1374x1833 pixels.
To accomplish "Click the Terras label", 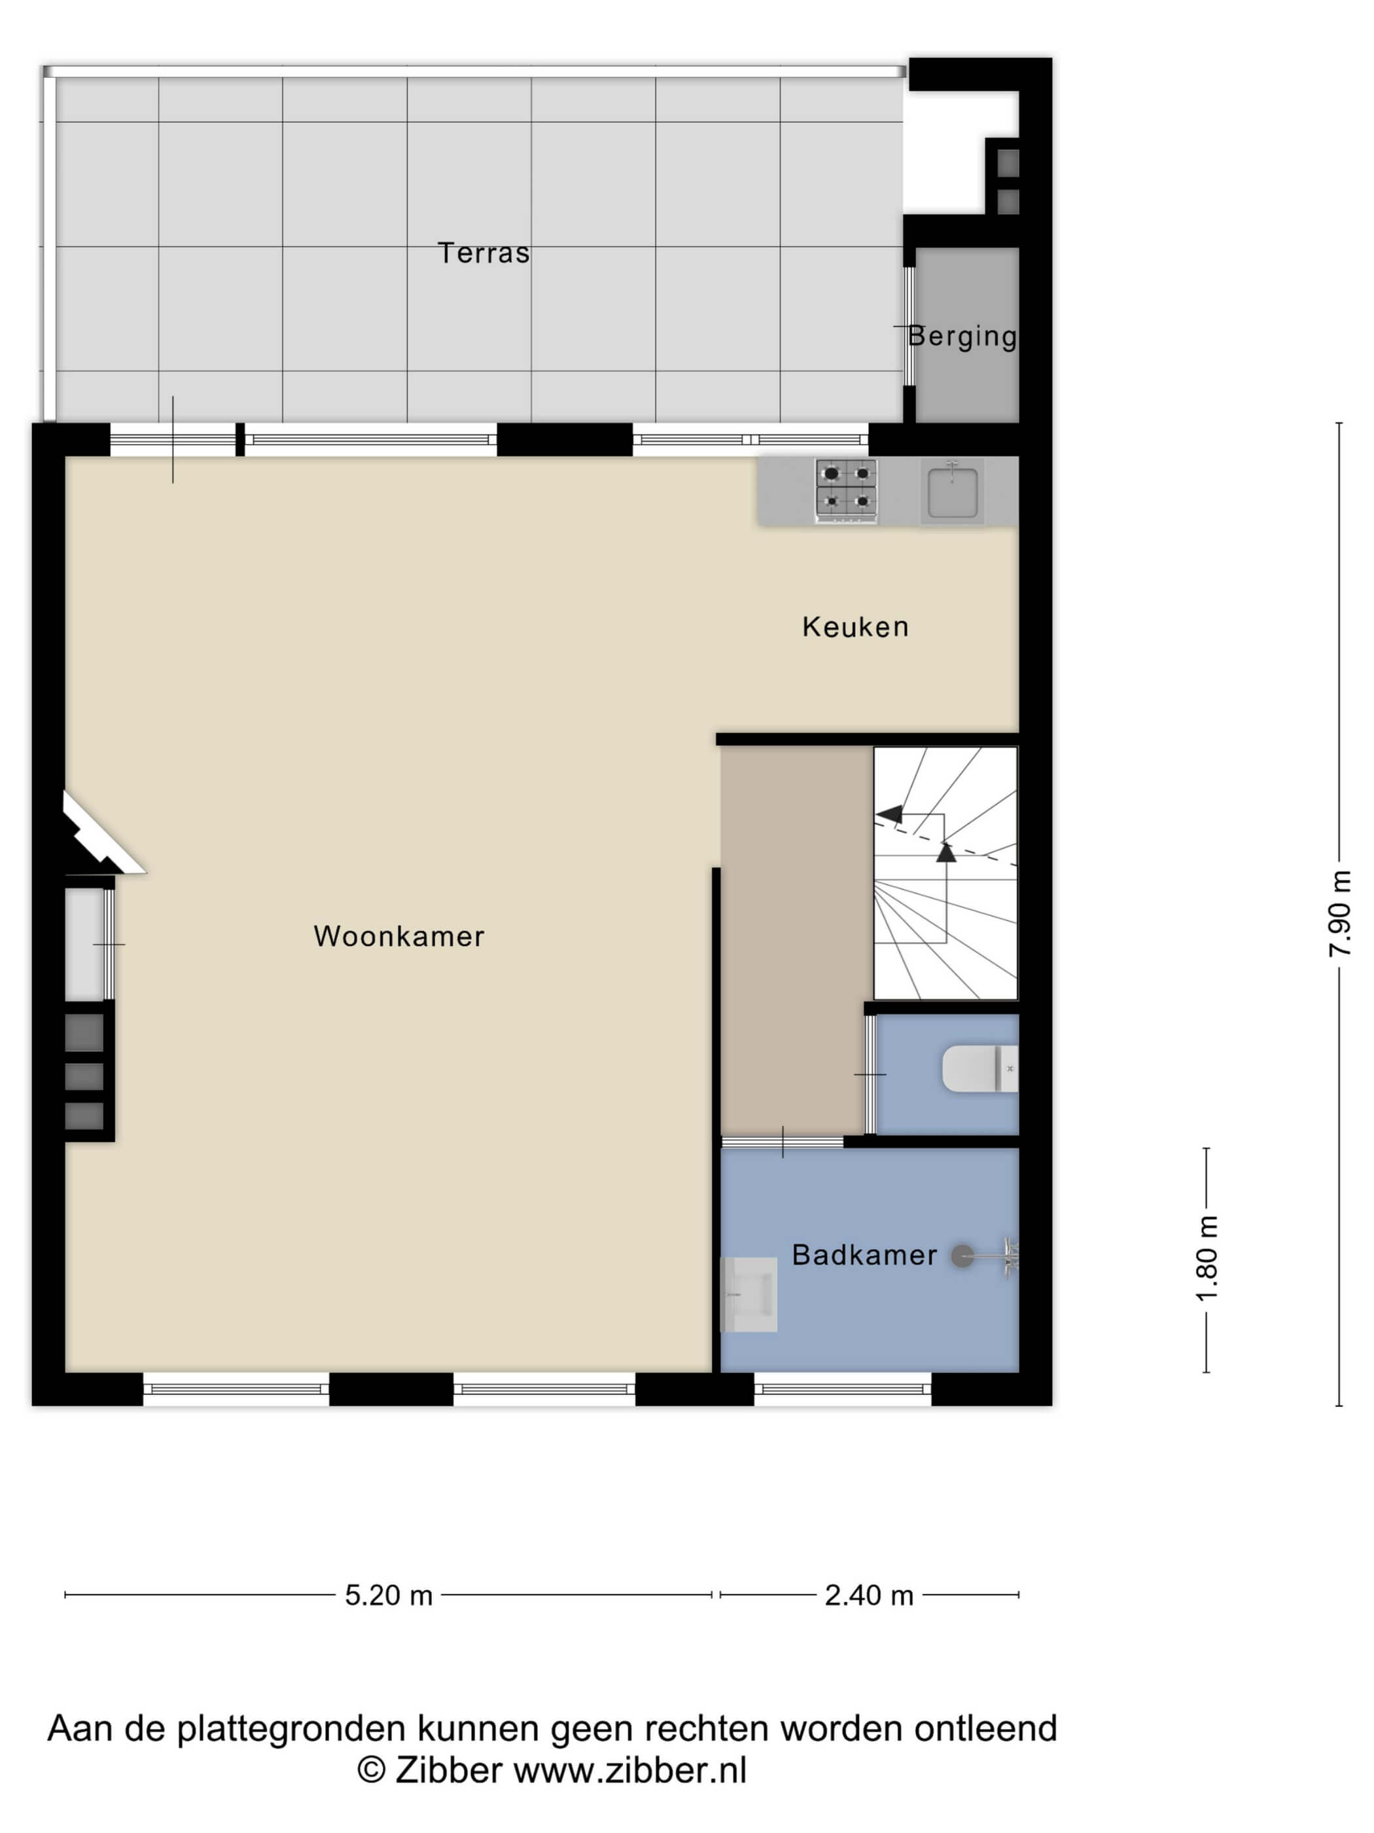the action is click(x=483, y=253).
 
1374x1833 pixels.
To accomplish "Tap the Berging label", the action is click(x=962, y=336).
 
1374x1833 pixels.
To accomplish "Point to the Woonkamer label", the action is click(x=399, y=936).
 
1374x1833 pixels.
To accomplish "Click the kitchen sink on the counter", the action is click(x=953, y=492).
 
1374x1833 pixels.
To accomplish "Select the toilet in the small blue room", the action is click(x=979, y=1069).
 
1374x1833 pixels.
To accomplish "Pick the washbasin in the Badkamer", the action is click(x=749, y=1294).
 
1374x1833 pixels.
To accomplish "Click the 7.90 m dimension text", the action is click(x=1339, y=913).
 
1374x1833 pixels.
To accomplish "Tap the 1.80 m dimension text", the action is click(x=1208, y=1258).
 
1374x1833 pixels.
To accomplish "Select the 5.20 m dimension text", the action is click(x=389, y=1595).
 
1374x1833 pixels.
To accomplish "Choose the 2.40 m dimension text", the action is click(x=869, y=1595).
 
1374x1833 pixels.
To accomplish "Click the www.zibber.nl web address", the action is click(x=630, y=1770).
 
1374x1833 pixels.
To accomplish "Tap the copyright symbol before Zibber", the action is click(x=371, y=1770).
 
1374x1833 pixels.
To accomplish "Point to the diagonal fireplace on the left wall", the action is click(x=99, y=833).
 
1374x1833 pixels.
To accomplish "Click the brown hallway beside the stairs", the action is click(x=795, y=941).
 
